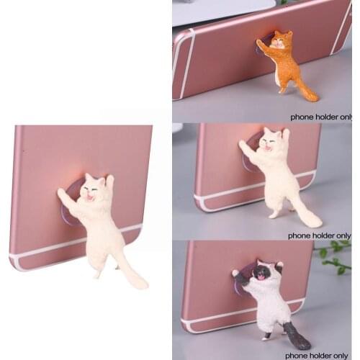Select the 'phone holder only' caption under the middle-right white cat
pyautogui.click(x=319, y=235)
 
